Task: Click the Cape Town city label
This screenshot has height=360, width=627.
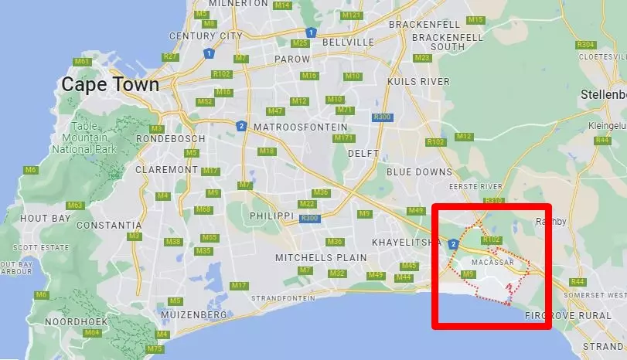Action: pos(111,85)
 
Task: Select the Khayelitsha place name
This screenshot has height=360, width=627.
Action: pos(406,243)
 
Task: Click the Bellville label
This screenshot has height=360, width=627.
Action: pos(348,42)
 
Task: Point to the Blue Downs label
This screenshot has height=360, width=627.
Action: pos(419,172)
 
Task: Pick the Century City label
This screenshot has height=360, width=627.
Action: pos(206,36)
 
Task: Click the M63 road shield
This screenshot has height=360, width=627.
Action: pos(75,205)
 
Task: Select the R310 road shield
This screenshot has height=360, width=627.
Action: pos(493,200)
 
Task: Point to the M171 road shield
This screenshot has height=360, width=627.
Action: pos(344,138)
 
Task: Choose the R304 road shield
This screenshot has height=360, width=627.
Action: pos(586,45)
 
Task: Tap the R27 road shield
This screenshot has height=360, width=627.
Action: pos(171,56)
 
